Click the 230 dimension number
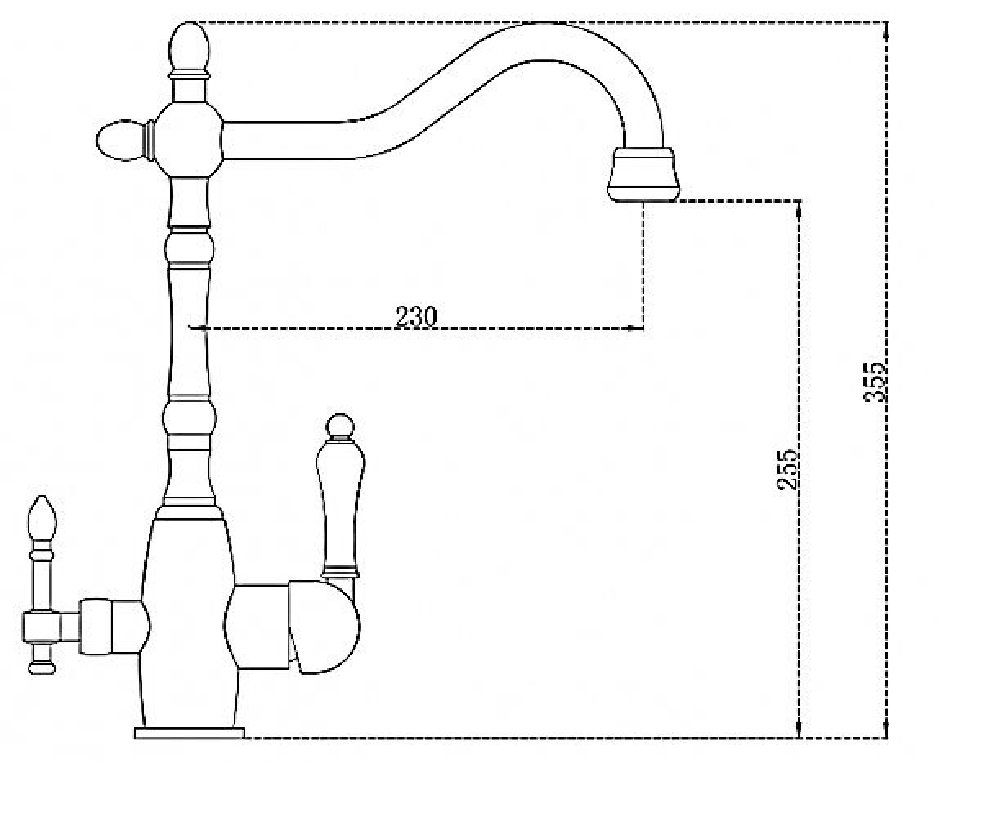(416, 316)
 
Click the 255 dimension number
(787, 470)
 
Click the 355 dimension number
(875, 382)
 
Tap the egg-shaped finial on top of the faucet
(189, 47)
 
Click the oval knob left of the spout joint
(120, 141)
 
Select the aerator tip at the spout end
(643, 175)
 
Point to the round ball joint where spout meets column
(189, 140)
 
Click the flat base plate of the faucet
(190, 733)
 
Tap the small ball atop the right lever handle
(340, 425)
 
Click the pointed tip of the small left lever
(43, 496)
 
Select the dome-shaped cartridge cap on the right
(325, 627)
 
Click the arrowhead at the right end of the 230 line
(637, 328)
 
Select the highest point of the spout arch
(548, 23)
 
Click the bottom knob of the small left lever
(42, 667)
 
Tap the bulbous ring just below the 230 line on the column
(190, 417)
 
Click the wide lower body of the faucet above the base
(188, 624)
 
